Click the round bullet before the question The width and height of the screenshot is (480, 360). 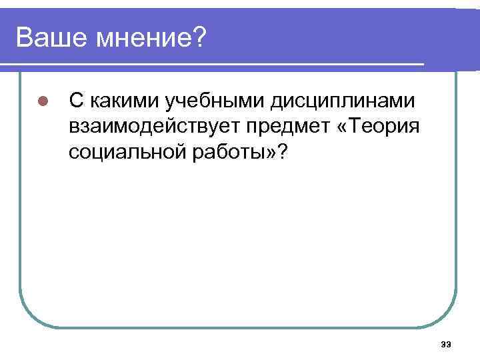41,102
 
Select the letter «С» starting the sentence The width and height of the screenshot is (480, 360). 77,101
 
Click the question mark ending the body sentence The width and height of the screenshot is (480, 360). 283,153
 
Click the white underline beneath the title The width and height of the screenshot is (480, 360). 213,65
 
